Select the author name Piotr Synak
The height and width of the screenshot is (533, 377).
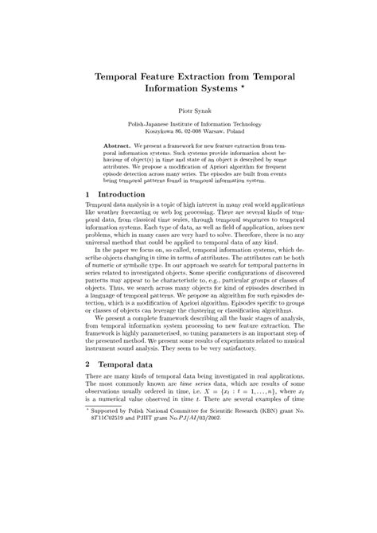(188, 111)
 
